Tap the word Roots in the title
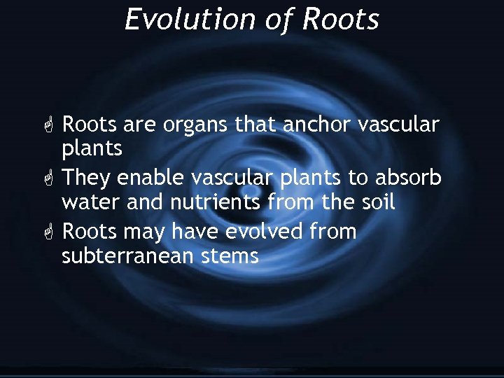coord(341,19)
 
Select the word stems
coord(230,256)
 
